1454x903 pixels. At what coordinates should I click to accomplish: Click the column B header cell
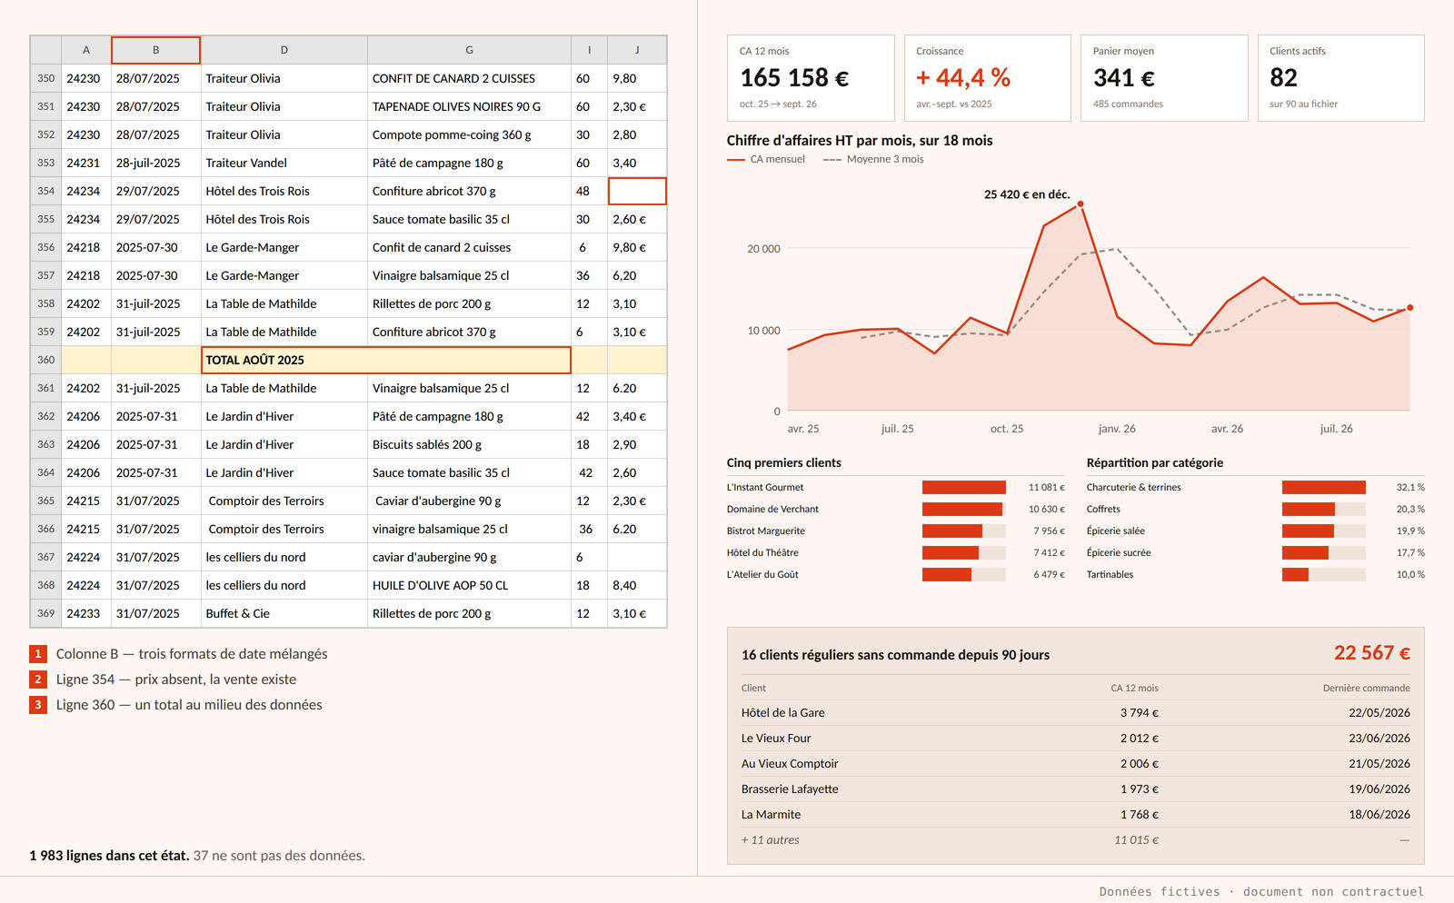(155, 50)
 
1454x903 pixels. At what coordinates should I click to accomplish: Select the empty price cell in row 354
(637, 191)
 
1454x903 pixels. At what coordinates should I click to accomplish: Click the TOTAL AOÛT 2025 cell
(385, 360)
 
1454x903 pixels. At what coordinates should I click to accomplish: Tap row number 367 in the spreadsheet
(45, 557)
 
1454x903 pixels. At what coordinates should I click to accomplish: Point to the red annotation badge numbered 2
(37, 680)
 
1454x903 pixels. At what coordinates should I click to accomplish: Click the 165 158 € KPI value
(794, 78)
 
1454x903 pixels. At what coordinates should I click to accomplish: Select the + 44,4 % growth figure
(962, 78)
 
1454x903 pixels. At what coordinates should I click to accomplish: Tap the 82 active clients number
(1283, 78)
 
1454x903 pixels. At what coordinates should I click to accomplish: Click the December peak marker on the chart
(1081, 204)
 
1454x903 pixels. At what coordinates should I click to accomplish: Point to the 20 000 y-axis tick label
(763, 248)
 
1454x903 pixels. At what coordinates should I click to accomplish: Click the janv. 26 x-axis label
(1117, 429)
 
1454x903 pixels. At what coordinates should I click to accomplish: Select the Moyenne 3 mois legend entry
(873, 159)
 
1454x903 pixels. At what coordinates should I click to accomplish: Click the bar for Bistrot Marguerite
(951, 531)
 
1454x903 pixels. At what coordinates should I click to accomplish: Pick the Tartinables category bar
(1295, 575)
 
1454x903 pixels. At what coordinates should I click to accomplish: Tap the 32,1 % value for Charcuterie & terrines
(1409, 487)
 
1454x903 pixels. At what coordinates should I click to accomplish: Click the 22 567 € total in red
(1371, 652)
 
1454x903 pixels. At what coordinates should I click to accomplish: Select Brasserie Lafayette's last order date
(1379, 789)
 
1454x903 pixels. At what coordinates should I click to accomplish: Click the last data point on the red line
(1409, 308)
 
